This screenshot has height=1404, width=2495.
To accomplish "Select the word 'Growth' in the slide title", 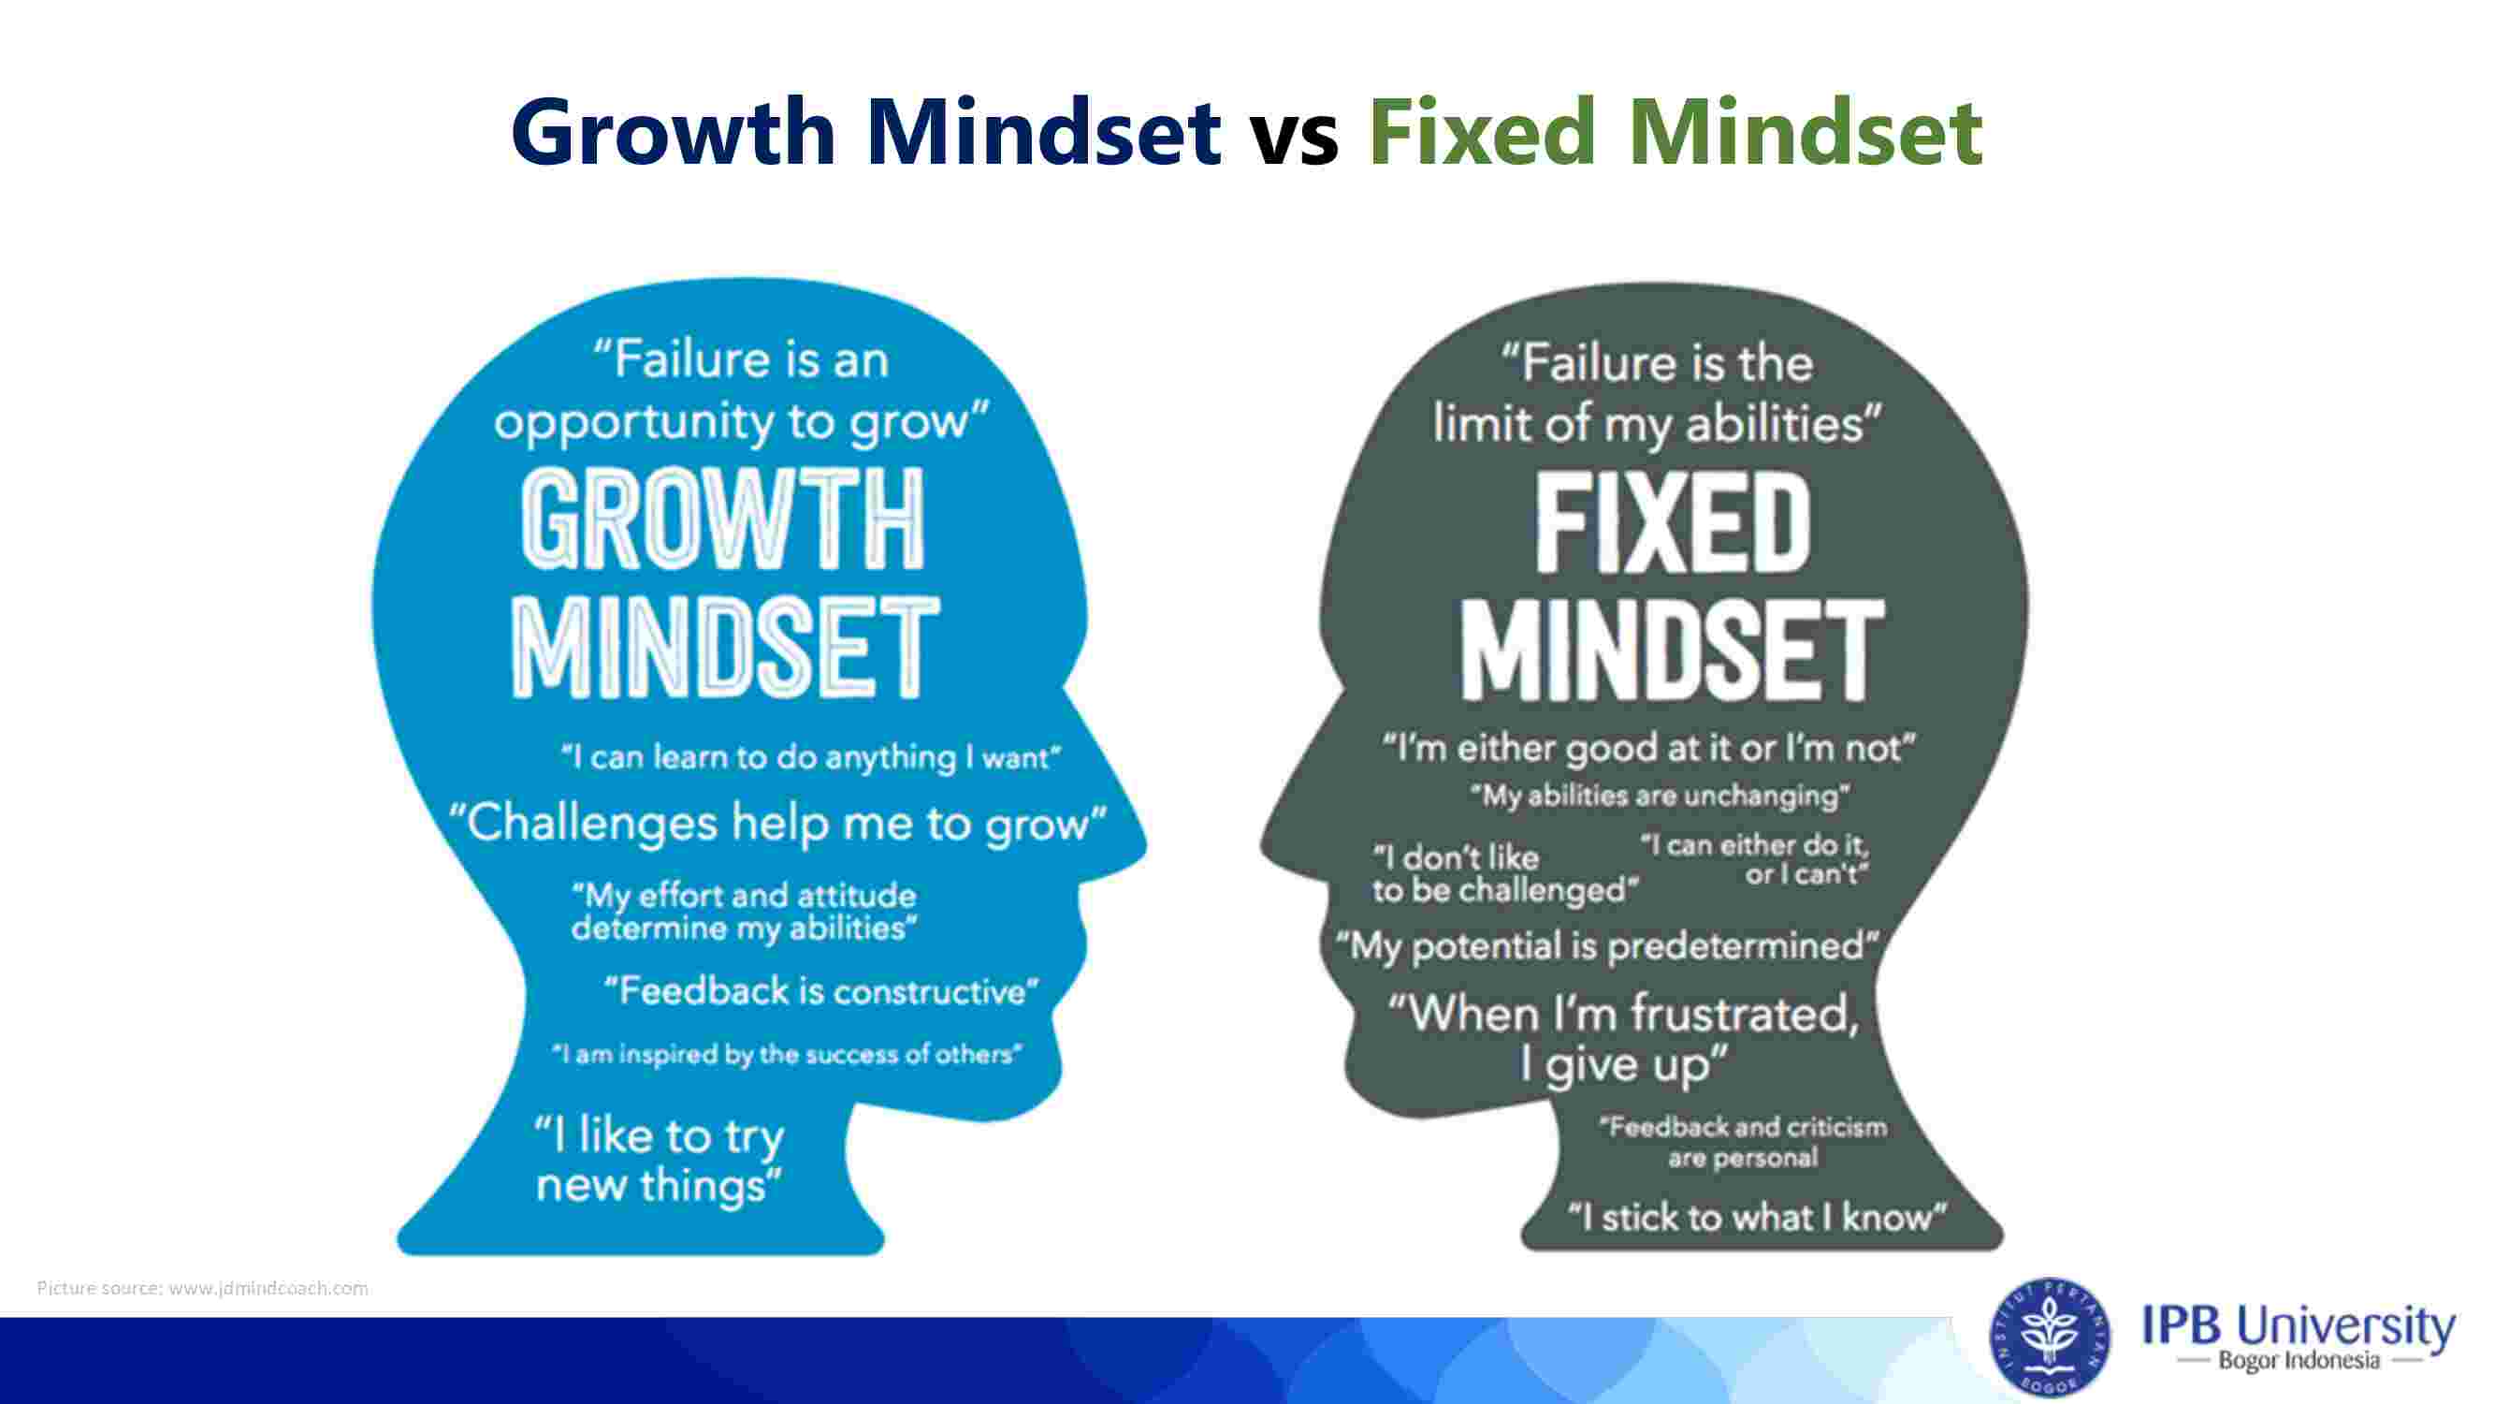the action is click(674, 131).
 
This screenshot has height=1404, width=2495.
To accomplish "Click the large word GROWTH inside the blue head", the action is click(722, 519).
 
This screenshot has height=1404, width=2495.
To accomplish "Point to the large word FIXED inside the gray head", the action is click(1673, 524).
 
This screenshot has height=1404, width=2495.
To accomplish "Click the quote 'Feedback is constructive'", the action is click(821, 991).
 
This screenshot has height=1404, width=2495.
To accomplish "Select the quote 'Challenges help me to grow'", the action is click(776, 824).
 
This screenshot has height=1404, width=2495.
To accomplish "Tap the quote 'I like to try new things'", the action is click(660, 1161).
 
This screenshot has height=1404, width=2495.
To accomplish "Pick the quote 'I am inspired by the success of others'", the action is click(787, 1054).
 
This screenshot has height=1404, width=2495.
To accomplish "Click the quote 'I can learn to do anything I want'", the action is click(812, 756).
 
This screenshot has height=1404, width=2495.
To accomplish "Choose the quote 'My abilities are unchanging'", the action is click(1661, 796).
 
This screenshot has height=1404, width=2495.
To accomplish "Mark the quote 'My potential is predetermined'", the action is click(1608, 945).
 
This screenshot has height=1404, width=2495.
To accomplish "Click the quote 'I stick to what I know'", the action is click(1757, 1217).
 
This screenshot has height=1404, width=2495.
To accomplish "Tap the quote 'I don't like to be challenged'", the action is click(1505, 874).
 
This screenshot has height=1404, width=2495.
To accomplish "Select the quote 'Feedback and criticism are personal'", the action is click(1743, 1142).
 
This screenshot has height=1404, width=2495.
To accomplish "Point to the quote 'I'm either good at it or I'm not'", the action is click(1648, 748).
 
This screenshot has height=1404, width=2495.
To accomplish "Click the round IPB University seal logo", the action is click(2051, 1338).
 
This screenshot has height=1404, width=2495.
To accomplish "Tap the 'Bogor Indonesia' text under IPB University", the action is click(2299, 1360).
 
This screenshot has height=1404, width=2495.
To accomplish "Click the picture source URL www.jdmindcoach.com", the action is click(268, 1289).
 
